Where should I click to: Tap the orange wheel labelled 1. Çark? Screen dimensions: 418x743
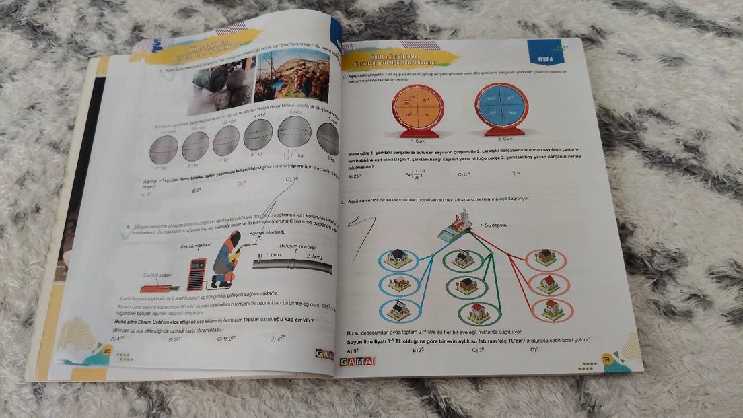[x=417, y=109]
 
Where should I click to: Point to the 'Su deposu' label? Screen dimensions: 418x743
[x=495, y=224]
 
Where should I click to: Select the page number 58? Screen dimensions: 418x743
[x=106, y=351]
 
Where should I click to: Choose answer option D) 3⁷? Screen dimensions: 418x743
[x=536, y=349]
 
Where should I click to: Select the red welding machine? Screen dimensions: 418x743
[x=197, y=273]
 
